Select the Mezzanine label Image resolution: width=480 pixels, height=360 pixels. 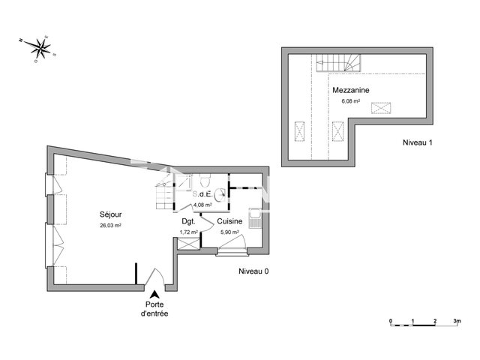(352, 90)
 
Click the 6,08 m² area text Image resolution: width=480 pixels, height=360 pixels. (351, 100)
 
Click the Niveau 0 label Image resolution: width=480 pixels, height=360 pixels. (253, 271)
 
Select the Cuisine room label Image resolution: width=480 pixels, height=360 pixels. (229, 222)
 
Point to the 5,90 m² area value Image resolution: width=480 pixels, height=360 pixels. (229, 232)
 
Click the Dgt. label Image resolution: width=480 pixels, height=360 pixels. (188, 222)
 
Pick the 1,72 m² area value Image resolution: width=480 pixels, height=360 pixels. (189, 232)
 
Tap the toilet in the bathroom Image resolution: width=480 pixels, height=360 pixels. (204, 181)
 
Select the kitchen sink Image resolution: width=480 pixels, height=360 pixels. (255, 220)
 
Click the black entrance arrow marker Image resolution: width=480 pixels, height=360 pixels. (154, 293)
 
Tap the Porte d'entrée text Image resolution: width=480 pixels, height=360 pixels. (154, 309)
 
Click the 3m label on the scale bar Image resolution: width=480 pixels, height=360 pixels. (457, 322)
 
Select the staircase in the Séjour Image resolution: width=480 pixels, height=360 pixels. (161, 196)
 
